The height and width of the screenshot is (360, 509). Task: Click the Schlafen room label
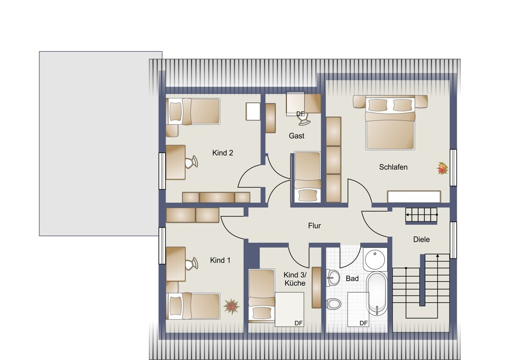point(393,167)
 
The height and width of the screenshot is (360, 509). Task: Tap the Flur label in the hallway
point(314,225)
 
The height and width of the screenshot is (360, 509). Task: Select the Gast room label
point(296,136)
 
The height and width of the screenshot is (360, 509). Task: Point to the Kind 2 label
point(223,153)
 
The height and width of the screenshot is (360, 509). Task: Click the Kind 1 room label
point(220,260)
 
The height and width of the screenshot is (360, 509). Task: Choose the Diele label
point(422,239)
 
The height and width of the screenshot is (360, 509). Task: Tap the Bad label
point(352,278)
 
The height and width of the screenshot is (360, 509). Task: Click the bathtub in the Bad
point(377,293)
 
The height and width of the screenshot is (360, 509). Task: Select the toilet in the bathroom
point(333,304)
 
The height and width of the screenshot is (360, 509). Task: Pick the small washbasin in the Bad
point(333,278)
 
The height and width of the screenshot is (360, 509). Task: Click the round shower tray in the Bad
point(375,259)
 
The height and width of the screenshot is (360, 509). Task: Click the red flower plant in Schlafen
point(442,168)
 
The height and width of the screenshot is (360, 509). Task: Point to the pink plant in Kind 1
point(231,307)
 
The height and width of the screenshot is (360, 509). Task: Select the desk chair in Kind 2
point(191,162)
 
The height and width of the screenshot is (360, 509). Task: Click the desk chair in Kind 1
point(191,264)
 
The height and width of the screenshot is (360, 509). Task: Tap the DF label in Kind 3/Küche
point(298,323)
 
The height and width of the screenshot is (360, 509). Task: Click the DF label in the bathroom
point(364,323)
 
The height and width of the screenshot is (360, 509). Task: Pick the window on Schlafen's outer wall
point(453,168)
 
